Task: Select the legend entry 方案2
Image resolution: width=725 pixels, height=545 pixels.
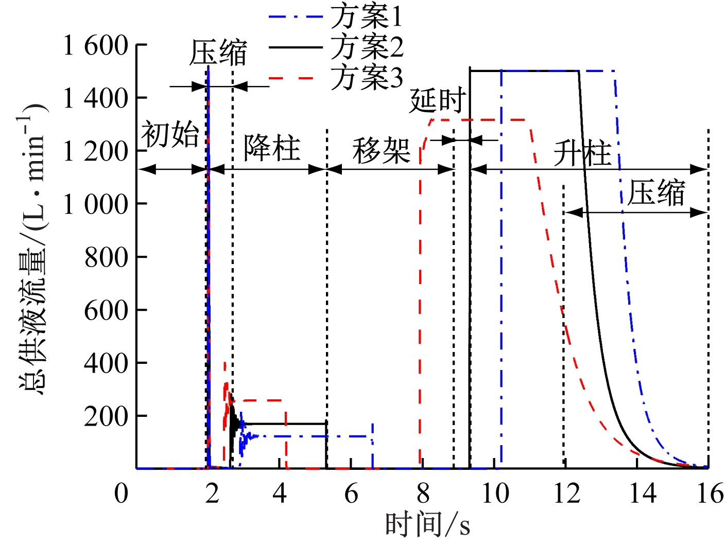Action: (x=367, y=47)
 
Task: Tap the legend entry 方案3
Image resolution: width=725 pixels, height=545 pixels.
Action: (x=367, y=78)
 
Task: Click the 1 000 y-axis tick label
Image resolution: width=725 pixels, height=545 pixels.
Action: (x=95, y=204)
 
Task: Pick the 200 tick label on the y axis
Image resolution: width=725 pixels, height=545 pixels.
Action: (x=106, y=416)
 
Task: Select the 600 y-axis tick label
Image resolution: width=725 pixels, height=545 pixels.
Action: (x=106, y=310)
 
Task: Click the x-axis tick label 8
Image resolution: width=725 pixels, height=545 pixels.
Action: (x=423, y=494)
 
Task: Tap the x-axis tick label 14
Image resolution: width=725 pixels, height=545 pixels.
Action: (x=643, y=494)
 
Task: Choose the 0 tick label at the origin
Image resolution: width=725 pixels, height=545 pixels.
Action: (x=121, y=494)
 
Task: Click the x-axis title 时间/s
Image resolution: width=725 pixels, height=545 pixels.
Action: (x=427, y=525)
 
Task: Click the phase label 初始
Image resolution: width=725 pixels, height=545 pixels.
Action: (x=170, y=135)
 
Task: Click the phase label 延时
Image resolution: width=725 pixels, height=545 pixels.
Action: (x=438, y=100)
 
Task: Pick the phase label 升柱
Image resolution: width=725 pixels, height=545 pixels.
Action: (x=582, y=153)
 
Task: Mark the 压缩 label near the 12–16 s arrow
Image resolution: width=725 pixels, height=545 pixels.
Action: (x=656, y=193)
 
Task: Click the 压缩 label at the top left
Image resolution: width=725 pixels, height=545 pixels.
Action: (x=218, y=52)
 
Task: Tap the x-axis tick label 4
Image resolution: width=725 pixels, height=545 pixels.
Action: (x=280, y=494)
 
